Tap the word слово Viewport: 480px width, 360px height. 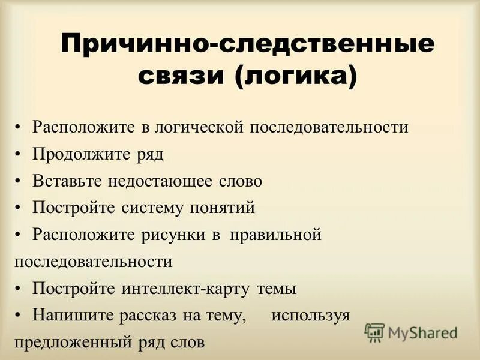point(240,181)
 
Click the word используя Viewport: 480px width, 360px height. point(310,315)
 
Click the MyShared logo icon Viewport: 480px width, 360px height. point(374,332)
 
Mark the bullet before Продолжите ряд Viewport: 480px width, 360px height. point(19,154)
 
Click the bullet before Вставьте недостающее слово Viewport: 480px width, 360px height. point(19,181)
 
